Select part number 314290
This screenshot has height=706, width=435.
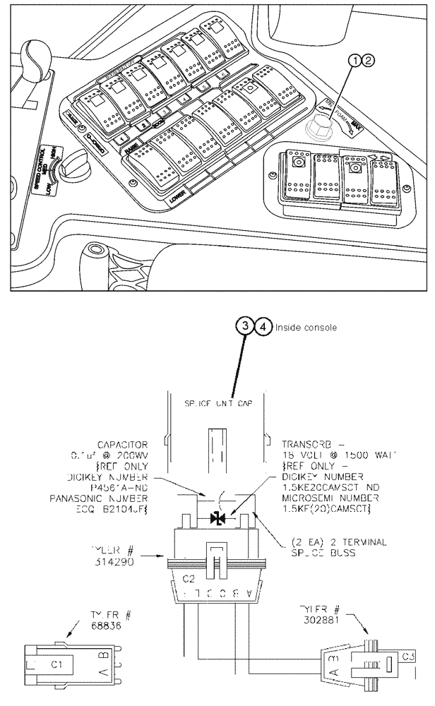coord(127,558)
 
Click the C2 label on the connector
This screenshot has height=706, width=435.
coord(188,578)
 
